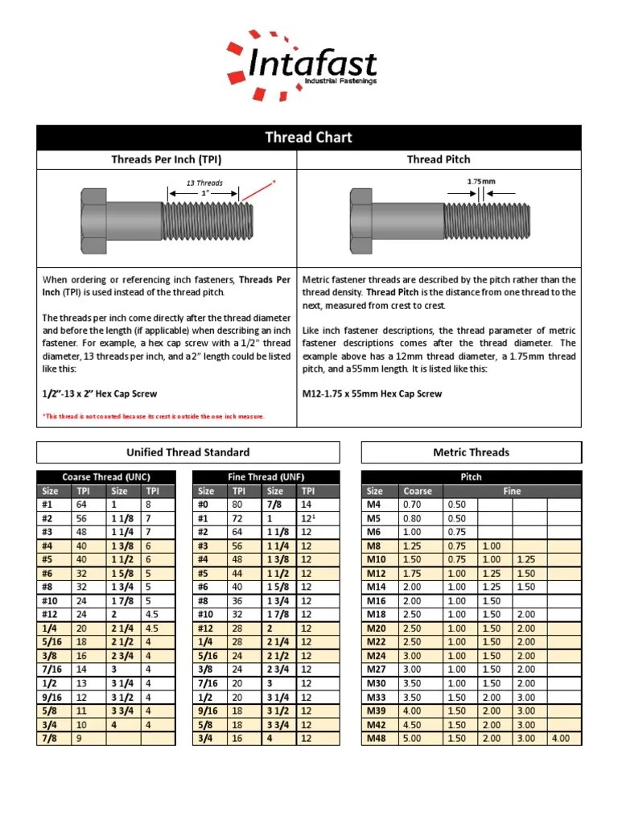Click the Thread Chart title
click(x=309, y=137)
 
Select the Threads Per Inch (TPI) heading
click(x=167, y=159)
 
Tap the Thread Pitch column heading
click(x=439, y=159)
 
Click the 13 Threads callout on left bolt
click(x=204, y=183)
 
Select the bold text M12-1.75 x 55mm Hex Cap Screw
click(x=372, y=393)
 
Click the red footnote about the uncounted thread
click(x=153, y=416)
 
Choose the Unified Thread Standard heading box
click(x=188, y=452)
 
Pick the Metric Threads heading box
click(x=471, y=452)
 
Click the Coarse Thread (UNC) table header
click(x=106, y=476)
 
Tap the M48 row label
click(x=377, y=738)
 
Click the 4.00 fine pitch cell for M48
click(x=560, y=738)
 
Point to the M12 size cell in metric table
click(x=377, y=572)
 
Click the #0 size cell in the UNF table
click(x=206, y=505)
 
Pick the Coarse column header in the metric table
click(x=418, y=491)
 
